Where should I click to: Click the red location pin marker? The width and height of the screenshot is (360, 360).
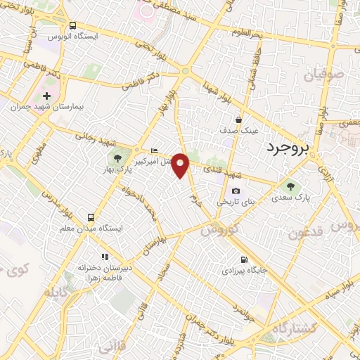(x=181, y=165)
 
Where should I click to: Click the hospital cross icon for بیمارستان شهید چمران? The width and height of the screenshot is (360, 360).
(x=46, y=96)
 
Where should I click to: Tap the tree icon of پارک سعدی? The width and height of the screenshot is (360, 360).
(x=289, y=186)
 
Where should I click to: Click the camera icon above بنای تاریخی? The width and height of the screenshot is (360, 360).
(x=235, y=191)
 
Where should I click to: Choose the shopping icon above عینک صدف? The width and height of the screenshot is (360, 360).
(x=239, y=120)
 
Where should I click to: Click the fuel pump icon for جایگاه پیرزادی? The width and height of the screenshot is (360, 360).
(x=244, y=259)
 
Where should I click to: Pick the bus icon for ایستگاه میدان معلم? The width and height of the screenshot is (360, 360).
(x=91, y=217)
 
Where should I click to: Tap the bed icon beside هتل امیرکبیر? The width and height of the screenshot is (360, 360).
(x=155, y=150)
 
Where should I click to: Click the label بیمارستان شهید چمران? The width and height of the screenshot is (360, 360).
(x=49, y=108)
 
